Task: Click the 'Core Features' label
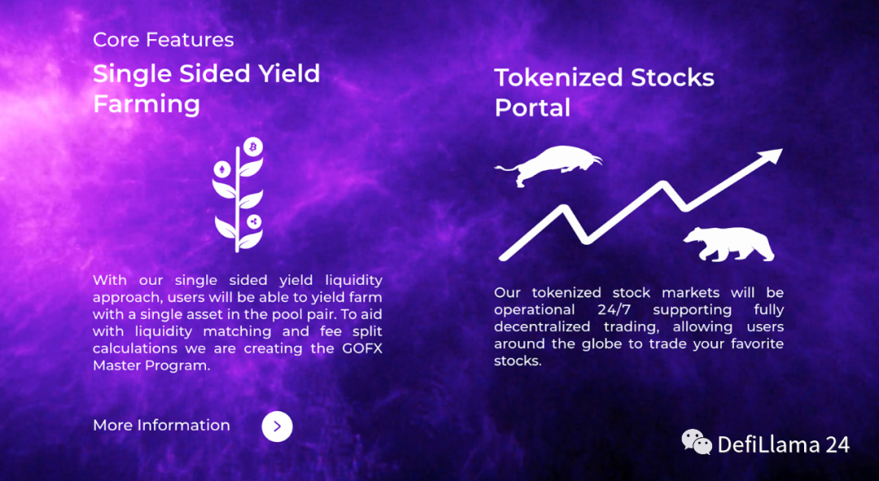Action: click(x=163, y=40)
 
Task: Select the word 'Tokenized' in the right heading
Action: click(x=558, y=77)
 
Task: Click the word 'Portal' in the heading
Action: click(x=532, y=107)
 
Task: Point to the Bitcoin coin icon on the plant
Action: click(x=253, y=146)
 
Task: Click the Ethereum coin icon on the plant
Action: click(x=222, y=168)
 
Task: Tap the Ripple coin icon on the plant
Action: click(x=254, y=221)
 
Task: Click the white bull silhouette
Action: click(x=549, y=165)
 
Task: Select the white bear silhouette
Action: click(x=728, y=244)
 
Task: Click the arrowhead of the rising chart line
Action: click(x=772, y=155)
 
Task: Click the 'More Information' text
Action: click(x=161, y=426)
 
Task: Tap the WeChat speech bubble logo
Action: click(x=697, y=442)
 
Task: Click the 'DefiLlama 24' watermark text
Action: click(x=783, y=445)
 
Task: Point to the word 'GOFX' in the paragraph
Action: click(x=362, y=348)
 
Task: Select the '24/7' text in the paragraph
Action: click(x=614, y=309)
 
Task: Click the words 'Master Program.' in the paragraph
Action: click(x=151, y=365)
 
